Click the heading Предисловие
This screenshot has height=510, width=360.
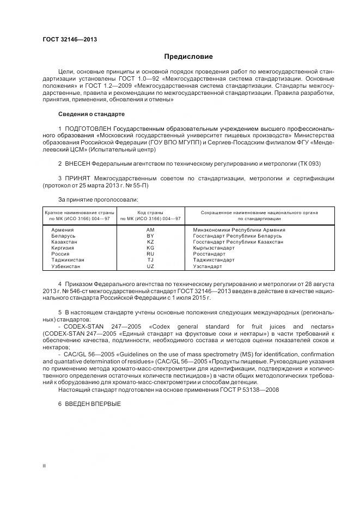tap(188, 57)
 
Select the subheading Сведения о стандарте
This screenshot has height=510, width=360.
tap(91, 114)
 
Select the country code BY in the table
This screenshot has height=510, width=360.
tap(150, 236)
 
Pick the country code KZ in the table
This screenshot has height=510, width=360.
tap(150, 242)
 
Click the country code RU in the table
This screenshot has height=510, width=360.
tap(150, 254)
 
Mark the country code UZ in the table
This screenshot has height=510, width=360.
tap(150, 267)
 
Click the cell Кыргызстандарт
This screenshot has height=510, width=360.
tap(214, 248)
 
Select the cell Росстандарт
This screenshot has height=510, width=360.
tap(209, 254)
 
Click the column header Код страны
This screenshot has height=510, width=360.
tap(150, 212)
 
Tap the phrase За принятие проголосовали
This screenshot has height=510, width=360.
tap(94, 199)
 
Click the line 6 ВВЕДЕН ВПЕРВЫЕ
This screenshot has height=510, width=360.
tap(89, 404)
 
